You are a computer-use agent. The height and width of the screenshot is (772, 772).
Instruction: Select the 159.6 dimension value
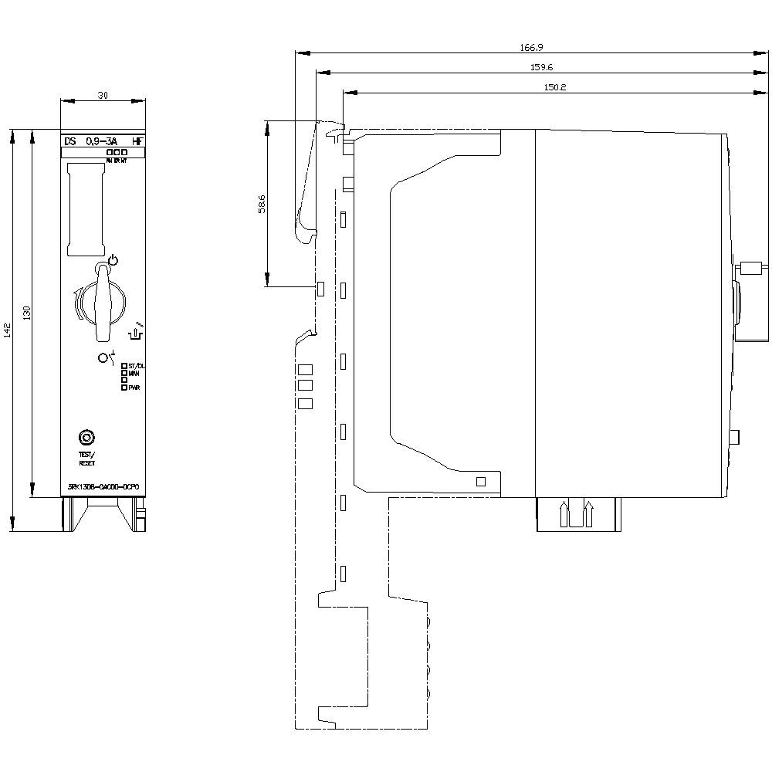(541, 67)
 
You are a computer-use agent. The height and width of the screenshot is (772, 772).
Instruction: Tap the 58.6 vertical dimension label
(262, 204)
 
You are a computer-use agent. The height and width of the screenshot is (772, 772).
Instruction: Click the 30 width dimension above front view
(103, 95)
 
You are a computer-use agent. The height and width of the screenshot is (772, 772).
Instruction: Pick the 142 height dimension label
(7, 330)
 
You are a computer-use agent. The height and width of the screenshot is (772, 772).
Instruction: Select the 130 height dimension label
(27, 313)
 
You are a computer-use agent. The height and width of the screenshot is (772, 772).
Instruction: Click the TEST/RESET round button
(86, 438)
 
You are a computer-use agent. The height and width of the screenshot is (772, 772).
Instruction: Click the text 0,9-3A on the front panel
(101, 141)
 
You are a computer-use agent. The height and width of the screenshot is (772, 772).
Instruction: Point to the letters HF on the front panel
(137, 141)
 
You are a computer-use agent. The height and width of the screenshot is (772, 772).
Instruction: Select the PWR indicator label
(134, 388)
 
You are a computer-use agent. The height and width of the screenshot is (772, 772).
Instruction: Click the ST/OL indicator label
(137, 365)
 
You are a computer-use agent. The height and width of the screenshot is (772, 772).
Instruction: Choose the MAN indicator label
(134, 373)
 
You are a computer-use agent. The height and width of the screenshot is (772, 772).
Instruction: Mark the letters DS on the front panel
(70, 141)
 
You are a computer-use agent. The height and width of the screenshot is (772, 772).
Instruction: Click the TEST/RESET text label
(86, 459)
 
